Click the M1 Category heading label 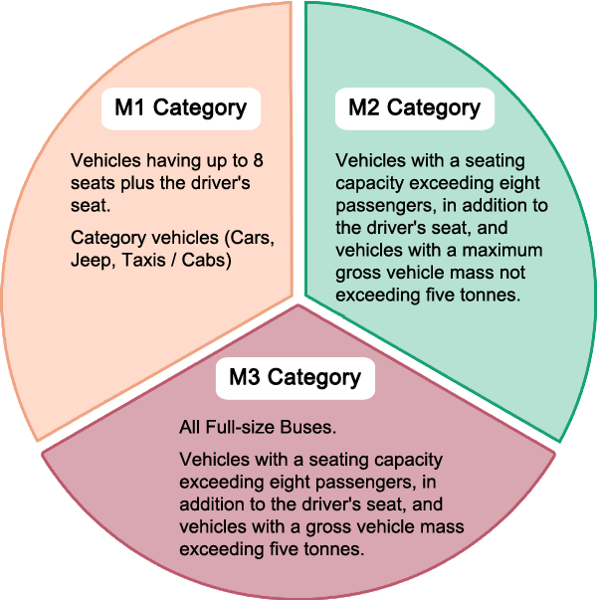(x=180, y=107)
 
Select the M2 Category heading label (x=414, y=107)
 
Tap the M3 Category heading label (x=295, y=377)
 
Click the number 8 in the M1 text (x=256, y=160)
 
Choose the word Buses (x=309, y=428)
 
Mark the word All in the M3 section (x=190, y=428)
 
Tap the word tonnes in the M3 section (x=314, y=548)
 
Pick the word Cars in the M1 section (x=253, y=238)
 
